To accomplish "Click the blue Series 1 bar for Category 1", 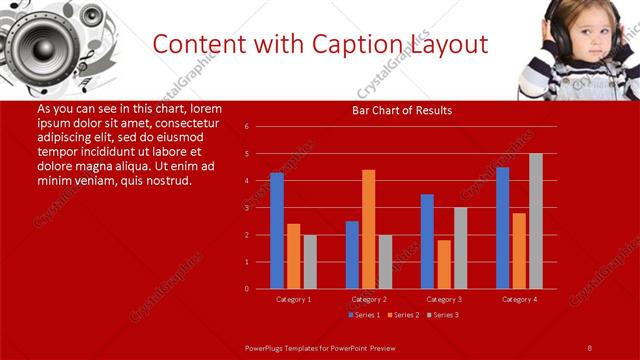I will [x=277, y=231].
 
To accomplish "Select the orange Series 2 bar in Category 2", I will [x=368, y=229].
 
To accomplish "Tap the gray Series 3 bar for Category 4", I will [x=536, y=221].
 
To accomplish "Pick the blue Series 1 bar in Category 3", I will [x=427, y=241].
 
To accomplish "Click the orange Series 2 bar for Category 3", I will [x=444, y=264].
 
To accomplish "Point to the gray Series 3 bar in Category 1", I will [x=310, y=262].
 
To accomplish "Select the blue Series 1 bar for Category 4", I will [x=502, y=228].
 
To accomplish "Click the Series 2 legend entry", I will [x=404, y=315].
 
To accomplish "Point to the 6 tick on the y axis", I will [x=246, y=127].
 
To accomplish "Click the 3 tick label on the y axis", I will [x=246, y=208].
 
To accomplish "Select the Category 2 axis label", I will [x=368, y=299].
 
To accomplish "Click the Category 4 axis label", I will [x=519, y=299].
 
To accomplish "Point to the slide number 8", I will [x=589, y=346].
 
